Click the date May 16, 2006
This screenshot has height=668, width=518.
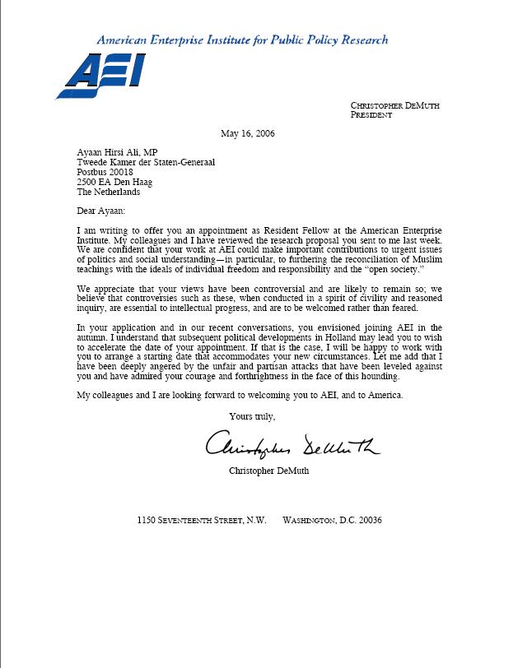click(248, 133)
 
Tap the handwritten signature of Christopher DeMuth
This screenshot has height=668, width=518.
click(293, 447)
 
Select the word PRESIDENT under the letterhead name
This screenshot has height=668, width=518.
click(371, 115)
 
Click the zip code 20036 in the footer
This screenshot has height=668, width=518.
click(367, 520)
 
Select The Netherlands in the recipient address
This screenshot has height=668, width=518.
click(108, 192)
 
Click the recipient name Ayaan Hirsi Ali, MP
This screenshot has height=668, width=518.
click(121, 152)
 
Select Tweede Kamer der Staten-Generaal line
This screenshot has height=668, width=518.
click(146, 162)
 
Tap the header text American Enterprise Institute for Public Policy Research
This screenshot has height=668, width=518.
click(241, 39)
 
